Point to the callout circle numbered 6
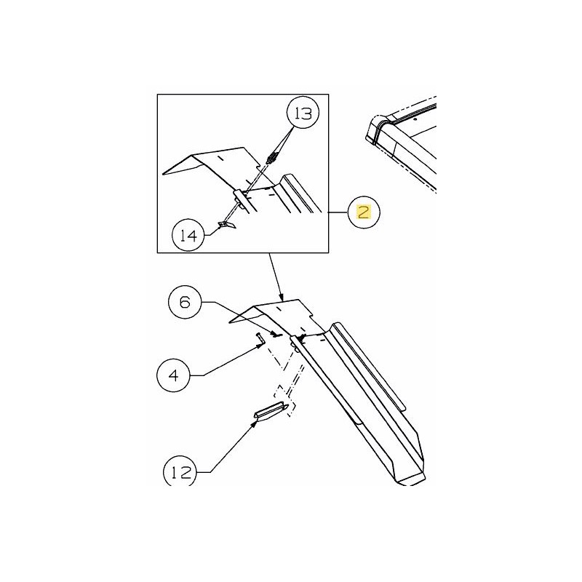[185, 302]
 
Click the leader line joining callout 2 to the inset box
[340, 212]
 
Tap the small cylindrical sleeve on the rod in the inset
[239, 199]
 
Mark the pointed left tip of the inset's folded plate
[164, 173]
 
